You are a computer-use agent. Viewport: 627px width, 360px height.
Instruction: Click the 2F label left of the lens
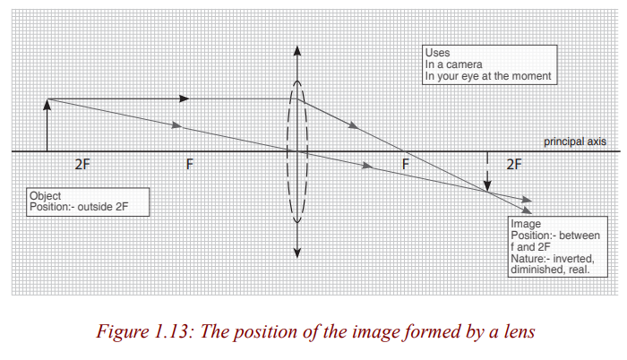pyautogui.click(x=82, y=165)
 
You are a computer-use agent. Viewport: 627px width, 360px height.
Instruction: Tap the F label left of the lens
pyautogui.click(x=190, y=165)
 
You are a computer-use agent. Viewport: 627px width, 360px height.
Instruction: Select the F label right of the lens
pyautogui.click(x=406, y=165)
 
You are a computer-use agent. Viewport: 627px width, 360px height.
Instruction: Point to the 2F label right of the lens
pyautogui.click(x=514, y=165)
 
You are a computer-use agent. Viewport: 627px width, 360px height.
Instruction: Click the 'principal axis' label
pyautogui.click(x=575, y=141)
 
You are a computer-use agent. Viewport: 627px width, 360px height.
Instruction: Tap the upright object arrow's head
pyautogui.click(x=47, y=105)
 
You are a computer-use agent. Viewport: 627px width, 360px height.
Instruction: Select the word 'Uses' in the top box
pyautogui.click(x=437, y=53)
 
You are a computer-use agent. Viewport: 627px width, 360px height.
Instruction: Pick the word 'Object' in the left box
pyautogui.click(x=45, y=196)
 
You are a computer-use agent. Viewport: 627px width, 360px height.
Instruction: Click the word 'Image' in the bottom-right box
pyautogui.click(x=526, y=224)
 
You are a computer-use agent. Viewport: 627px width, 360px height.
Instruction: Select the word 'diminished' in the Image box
pyautogui.click(x=537, y=270)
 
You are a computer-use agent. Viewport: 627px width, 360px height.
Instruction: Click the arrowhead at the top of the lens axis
pyautogui.click(x=297, y=50)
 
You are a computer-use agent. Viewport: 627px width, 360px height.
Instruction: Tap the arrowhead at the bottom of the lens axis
pyautogui.click(x=297, y=253)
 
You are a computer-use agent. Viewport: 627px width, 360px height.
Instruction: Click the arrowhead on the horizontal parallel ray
pyautogui.click(x=184, y=99)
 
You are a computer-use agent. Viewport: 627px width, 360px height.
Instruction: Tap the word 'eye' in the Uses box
pyautogui.click(x=468, y=76)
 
